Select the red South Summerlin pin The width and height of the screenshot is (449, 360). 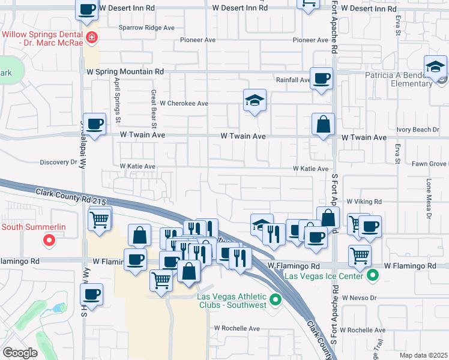pos(50,241)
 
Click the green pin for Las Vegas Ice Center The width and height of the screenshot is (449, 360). pos(372,276)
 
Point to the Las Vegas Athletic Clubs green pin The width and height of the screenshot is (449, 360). pos(276,298)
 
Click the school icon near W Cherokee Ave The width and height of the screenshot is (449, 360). pos(255,100)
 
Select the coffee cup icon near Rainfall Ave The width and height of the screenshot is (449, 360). pos(322,77)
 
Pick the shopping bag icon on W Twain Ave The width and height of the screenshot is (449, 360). pos(323,125)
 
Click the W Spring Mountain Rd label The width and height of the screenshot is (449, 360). pos(125,71)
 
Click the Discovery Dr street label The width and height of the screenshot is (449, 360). pos(59,162)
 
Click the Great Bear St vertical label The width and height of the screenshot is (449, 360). pos(154,110)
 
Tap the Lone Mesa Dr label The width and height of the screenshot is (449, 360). pos(429,198)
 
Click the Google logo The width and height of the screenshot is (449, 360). pos(20,353)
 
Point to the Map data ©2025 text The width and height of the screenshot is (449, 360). pos(423,355)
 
